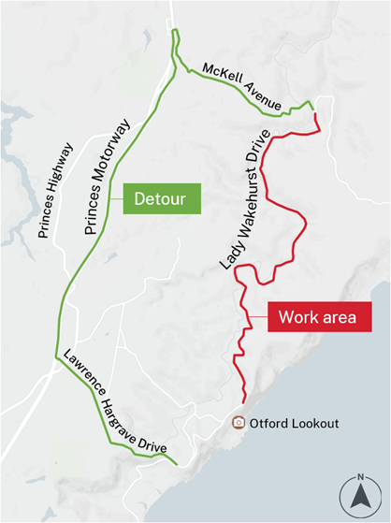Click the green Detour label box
click(x=162, y=198)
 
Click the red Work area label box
click(x=317, y=316)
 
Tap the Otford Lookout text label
click(x=294, y=423)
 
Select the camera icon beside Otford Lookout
click(x=239, y=423)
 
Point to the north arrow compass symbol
click(x=360, y=493)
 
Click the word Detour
click(x=162, y=198)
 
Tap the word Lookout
click(x=313, y=423)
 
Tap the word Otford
click(x=268, y=423)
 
